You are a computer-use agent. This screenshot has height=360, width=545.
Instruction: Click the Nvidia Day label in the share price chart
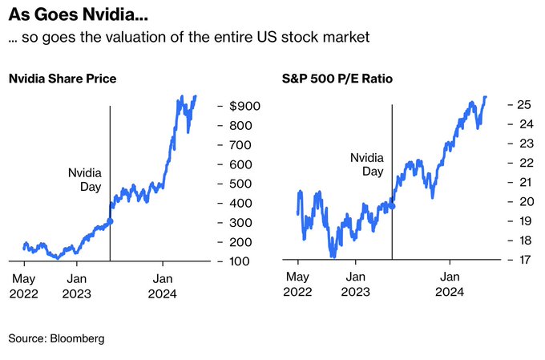(x=86, y=179)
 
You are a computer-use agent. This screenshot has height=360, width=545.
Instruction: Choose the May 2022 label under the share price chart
(x=24, y=286)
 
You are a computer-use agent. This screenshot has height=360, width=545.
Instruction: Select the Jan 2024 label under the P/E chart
(x=450, y=286)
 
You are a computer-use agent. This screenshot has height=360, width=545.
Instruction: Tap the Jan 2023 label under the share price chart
(x=77, y=286)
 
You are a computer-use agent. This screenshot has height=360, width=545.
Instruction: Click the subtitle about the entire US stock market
(x=188, y=38)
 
